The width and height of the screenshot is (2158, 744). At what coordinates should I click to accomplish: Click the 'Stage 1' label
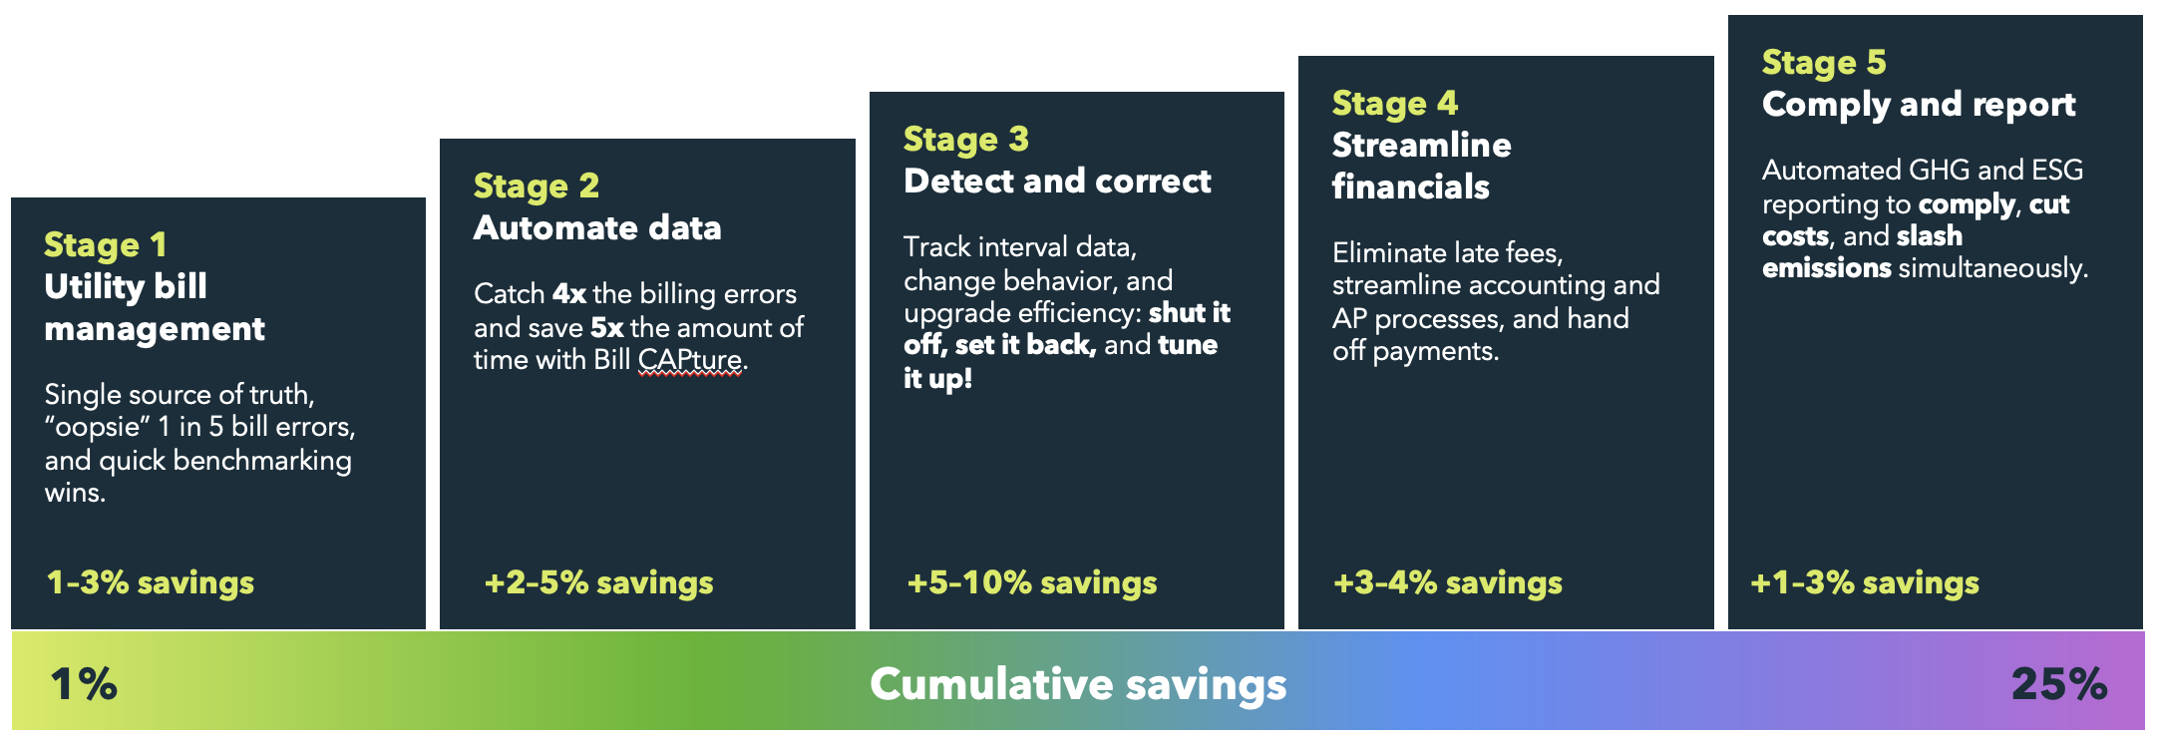click(106, 245)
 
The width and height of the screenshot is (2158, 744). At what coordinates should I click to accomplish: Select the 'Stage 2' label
click(537, 186)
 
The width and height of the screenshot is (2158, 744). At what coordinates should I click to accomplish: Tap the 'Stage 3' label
click(965, 140)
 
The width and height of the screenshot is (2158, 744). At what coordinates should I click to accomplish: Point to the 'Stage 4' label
click(1395, 104)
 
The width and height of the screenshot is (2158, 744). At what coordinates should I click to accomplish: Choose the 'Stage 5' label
click(1824, 63)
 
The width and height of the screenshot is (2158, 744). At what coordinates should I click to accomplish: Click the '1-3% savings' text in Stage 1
click(151, 582)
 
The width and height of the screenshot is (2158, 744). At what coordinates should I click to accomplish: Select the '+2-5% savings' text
click(598, 582)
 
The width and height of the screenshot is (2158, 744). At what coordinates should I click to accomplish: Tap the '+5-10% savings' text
click(1032, 582)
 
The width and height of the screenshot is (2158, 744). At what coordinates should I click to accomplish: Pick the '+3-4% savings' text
click(1448, 582)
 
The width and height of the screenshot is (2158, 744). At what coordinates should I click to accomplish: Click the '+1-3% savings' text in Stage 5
click(1865, 582)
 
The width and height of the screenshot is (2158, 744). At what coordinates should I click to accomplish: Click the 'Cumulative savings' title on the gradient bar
click(1078, 685)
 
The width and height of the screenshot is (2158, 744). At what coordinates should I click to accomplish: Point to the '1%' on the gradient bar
click(84, 684)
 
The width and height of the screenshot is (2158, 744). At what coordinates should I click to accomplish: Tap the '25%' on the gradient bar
click(2059, 684)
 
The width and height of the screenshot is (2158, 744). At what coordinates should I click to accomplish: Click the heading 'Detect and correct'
click(1057, 182)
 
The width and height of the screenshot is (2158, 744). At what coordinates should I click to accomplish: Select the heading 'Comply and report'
click(1919, 105)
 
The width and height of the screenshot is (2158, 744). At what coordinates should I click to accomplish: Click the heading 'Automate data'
click(597, 228)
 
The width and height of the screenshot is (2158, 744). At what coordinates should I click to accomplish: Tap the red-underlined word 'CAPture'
click(690, 360)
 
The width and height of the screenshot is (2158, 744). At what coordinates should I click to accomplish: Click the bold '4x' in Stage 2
click(569, 294)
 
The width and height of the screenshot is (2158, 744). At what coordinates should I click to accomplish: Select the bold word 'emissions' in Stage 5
click(1827, 268)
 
